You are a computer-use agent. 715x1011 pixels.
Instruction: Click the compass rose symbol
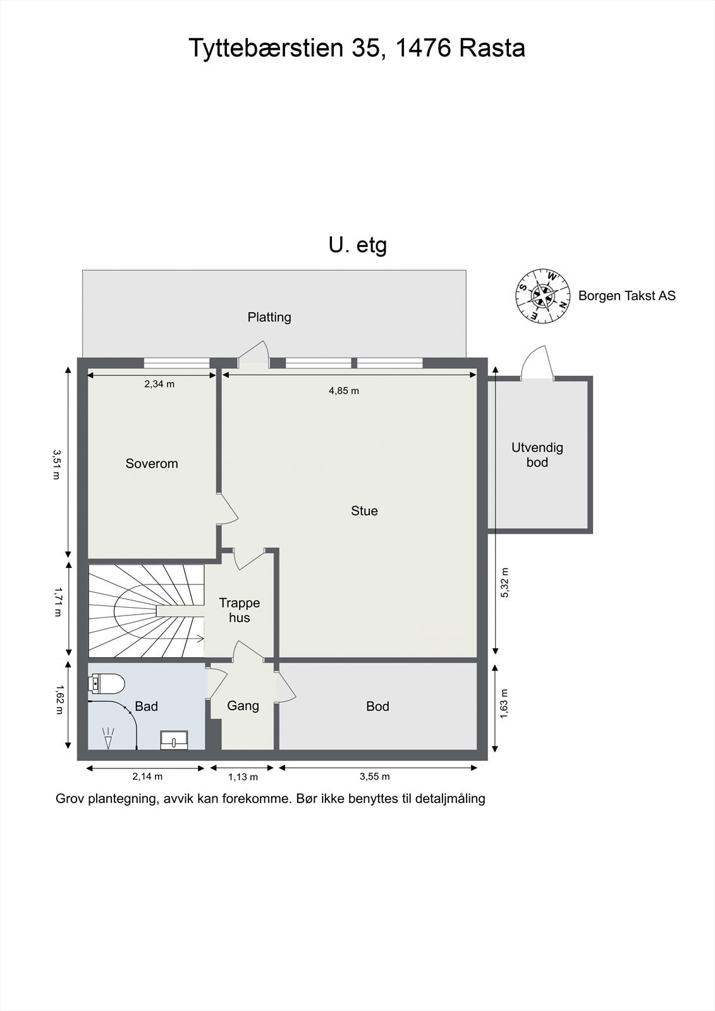542,296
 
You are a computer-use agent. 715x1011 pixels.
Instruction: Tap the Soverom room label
152,464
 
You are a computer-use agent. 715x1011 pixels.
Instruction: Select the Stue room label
365,511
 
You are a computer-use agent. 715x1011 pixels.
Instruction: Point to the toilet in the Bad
106,684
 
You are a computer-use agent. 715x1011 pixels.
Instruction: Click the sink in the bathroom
174,740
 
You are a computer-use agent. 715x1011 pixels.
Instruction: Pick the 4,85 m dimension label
344,391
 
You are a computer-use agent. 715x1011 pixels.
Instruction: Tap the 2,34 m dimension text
159,384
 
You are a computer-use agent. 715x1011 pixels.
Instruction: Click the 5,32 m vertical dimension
505,583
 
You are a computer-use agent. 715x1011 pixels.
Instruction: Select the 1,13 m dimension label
243,777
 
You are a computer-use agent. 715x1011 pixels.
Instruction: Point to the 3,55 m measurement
374,777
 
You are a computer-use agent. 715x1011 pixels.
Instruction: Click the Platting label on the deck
269,317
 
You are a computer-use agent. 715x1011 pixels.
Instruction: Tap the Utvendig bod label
537,455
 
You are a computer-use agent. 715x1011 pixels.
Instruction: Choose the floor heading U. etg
358,246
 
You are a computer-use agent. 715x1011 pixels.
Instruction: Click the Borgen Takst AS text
627,296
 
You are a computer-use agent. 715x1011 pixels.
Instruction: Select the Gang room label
243,706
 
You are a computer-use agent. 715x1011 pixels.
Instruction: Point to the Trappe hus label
240,610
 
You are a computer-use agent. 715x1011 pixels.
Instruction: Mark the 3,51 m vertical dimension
56,464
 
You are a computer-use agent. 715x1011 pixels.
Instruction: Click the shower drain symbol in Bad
108,737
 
